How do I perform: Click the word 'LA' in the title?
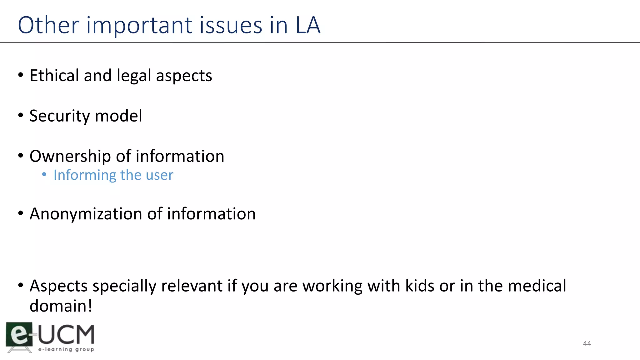click(308, 25)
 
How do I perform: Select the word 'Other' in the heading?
click(48, 25)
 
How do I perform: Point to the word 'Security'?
click(59, 116)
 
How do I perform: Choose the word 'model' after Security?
click(118, 116)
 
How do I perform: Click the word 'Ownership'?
click(70, 157)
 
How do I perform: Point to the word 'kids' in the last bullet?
click(420, 286)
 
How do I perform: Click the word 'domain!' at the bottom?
click(61, 306)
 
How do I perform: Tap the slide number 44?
click(587, 344)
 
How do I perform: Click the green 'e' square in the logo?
click(19, 335)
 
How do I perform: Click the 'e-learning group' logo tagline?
click(66, 349)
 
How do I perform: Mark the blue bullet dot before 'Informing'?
click(44, 175)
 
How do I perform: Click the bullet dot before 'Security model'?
click(21, 116)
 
